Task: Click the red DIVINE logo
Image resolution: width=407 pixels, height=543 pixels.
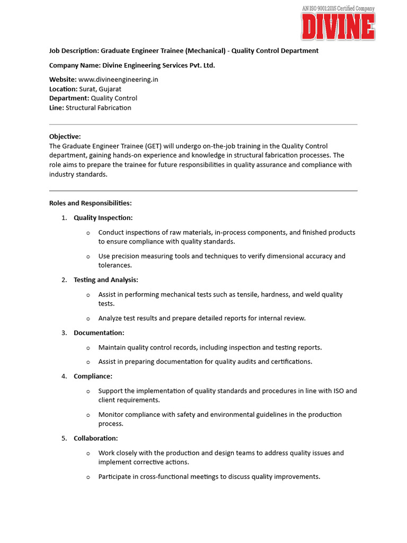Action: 338,27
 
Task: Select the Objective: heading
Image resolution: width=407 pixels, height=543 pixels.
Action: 65,136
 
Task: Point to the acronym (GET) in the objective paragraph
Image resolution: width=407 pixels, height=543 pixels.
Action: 149,146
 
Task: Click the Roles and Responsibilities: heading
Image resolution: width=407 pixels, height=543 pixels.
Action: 91,203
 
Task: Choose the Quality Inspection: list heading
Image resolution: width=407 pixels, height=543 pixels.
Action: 103,218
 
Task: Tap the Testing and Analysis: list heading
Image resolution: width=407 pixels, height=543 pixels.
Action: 106,280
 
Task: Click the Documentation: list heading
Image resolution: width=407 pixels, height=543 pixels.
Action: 99,333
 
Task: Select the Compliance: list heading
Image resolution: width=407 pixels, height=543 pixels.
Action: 93,376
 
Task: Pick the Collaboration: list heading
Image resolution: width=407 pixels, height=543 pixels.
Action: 96,439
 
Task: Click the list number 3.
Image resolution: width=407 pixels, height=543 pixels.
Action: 64,333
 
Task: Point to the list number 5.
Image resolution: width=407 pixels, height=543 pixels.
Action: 64,439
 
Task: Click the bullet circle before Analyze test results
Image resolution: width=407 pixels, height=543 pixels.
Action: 88,319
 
